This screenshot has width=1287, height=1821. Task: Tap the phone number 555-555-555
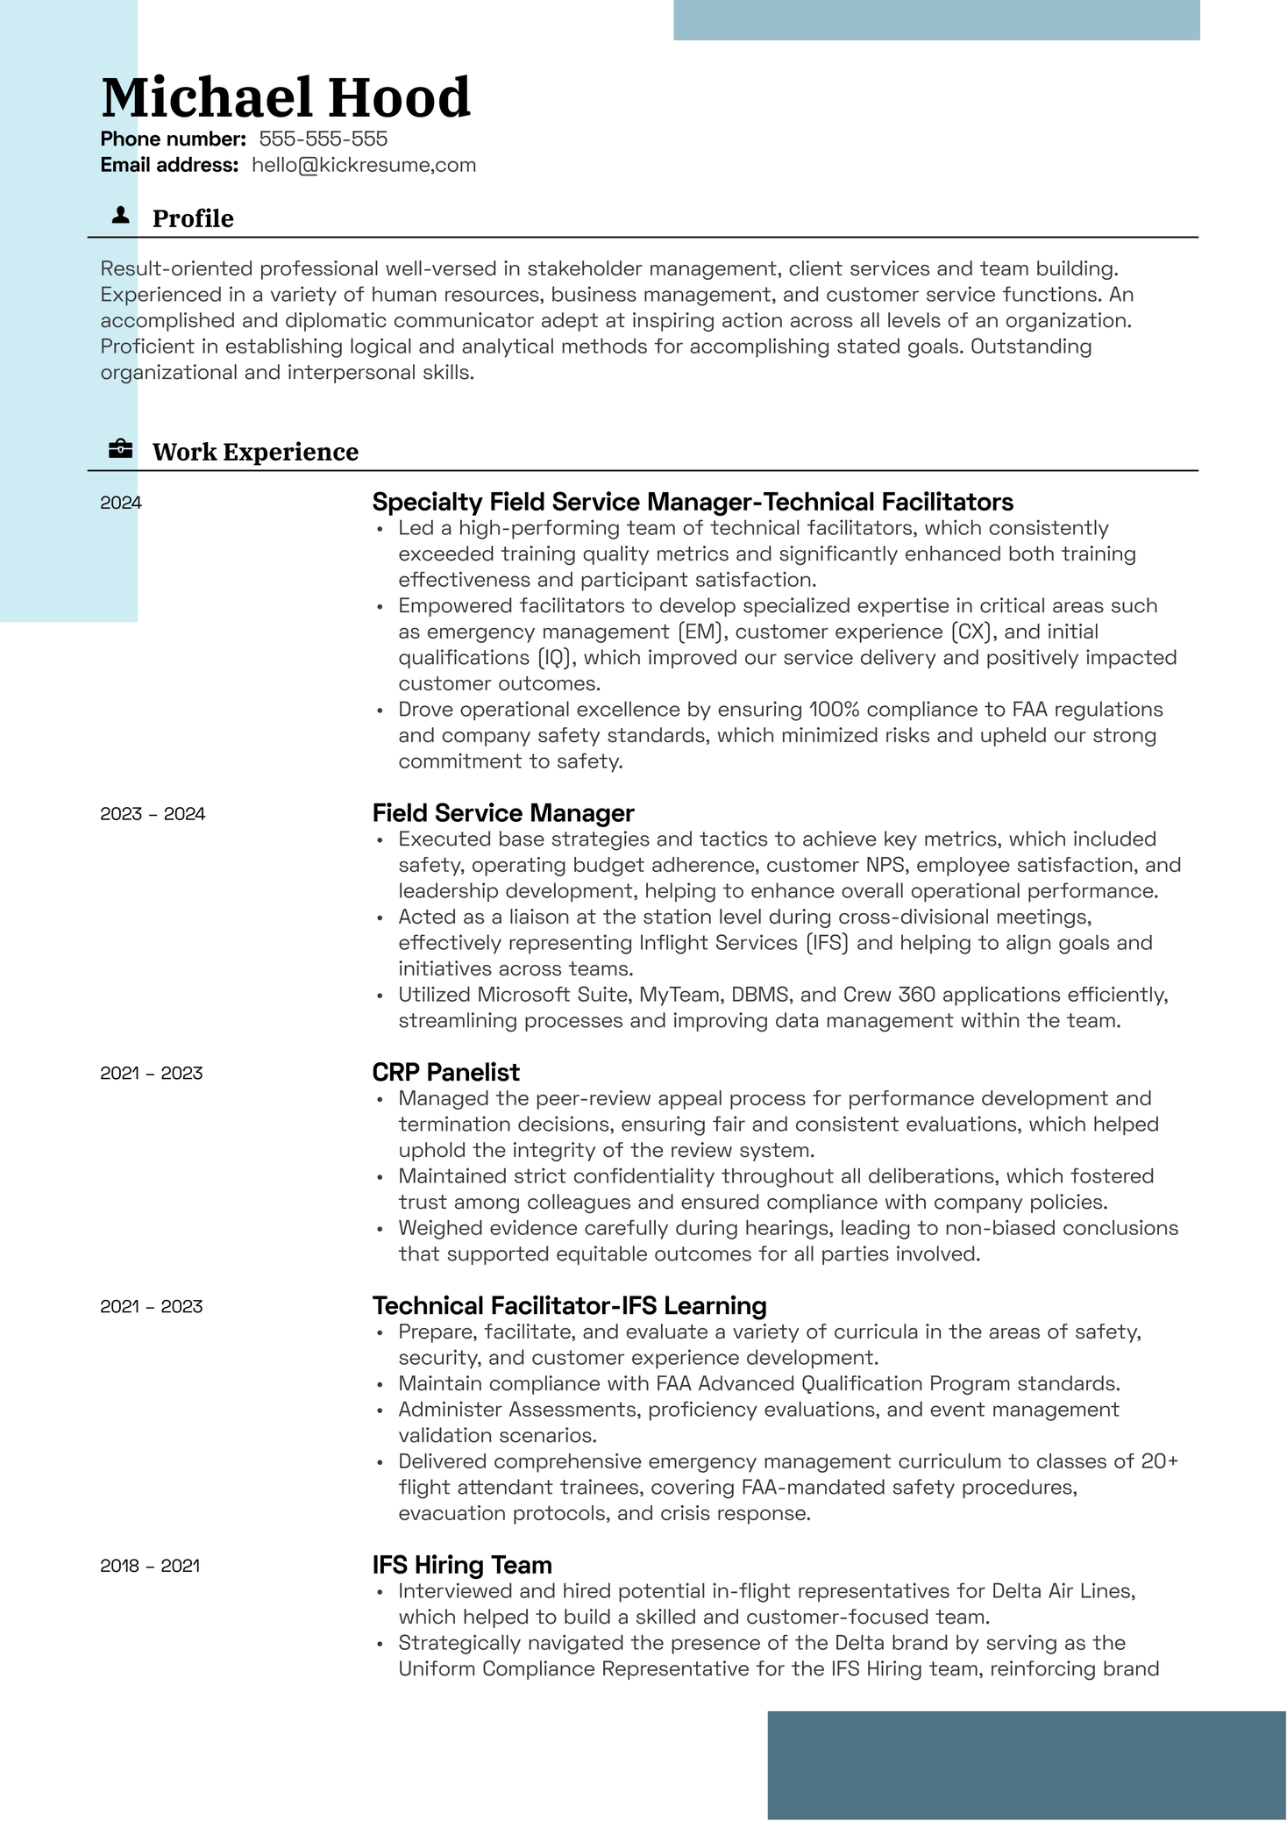coord(323,139)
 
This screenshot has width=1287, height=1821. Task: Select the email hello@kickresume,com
coord(363,165)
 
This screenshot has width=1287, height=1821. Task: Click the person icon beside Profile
coord(121,216)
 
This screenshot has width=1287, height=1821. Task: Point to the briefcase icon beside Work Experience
coord(121,450)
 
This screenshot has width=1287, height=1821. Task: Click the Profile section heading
coord(193,218)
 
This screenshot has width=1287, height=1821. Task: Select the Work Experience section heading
coord(255,452)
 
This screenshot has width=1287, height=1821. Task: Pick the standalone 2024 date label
coord(121,503)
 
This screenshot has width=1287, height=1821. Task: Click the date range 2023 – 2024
coord(153,814)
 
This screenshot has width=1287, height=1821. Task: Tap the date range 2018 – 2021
coord(150,1566)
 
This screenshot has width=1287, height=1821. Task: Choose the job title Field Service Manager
coord(502,813)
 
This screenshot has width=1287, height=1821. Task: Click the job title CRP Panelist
coord(445,1072)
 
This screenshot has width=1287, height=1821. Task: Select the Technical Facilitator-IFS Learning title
coord(569,1305)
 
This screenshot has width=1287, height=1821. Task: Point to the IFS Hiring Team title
coord(462,1565)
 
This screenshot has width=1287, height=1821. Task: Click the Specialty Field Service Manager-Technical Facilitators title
coord(693,502)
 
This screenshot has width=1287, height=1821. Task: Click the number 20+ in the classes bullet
coord(1159,1461)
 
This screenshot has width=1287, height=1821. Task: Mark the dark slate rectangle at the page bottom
coord(1027,1765)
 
